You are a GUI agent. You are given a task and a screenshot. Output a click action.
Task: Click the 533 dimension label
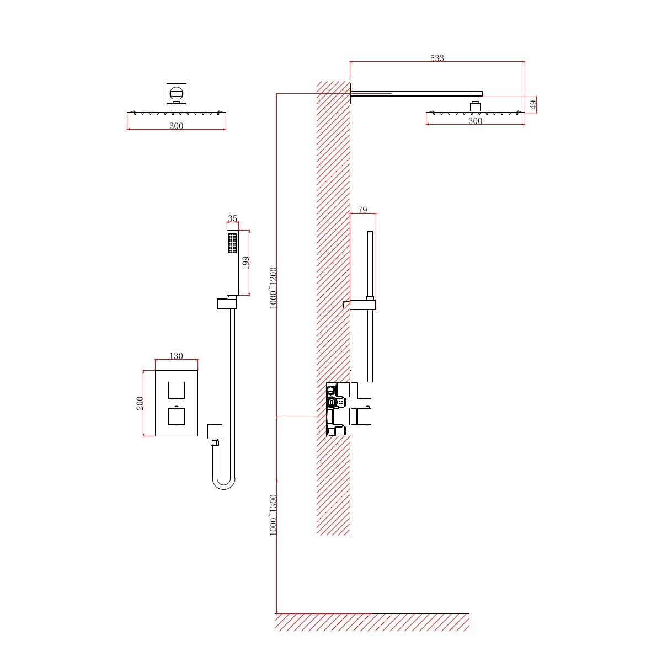(x=437, y=58)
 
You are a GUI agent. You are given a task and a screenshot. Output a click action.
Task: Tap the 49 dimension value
(x=533, y=104)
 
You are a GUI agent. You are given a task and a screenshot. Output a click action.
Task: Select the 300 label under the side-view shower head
(x=475, y=121)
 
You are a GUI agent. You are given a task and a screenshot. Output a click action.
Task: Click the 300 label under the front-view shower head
(x=176, y=126)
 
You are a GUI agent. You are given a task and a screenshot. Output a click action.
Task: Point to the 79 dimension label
(x=362, y=210)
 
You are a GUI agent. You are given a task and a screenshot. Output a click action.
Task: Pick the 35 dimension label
(x=232, y=219)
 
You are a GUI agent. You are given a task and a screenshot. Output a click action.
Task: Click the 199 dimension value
(x=246, y=262)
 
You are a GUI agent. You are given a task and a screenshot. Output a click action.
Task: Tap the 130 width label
(x=176, y=356)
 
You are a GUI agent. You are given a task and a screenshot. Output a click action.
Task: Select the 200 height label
(x=140, y=403)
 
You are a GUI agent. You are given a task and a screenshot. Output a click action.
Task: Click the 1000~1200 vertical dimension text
(x=274, y=288)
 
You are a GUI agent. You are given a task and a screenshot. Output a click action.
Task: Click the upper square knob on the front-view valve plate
(x=176, y=389)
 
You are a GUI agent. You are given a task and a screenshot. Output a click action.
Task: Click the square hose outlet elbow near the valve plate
(x=215, y=431)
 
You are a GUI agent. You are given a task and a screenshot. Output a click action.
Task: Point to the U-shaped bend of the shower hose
(x=224, y=484)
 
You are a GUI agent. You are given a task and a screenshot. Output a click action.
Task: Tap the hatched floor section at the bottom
(x=372, y=622)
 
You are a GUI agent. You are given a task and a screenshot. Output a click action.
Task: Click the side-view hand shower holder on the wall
(x=359, y=305)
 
